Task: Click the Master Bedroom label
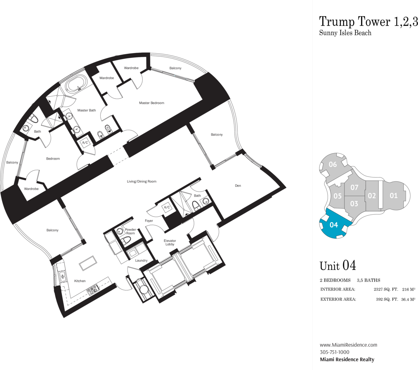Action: click(151, 103)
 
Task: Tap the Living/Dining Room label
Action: click(142, 181)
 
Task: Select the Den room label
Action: click(238, 185)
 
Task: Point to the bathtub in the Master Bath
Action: click(76, 83)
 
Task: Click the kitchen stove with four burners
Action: click(93, 289)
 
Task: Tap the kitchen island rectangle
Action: click(88, 263)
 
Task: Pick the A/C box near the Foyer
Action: click(167, 207)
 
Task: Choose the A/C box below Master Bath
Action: click(85, 143)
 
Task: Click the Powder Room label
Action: click(130, 231)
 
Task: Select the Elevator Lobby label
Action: click(170, 242)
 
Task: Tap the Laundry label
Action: click(141, 260)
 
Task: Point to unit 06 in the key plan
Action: click(333, 164)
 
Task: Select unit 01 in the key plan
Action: click(393, 196)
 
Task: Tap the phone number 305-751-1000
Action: click(335, 352)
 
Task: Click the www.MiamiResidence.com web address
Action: click(348, 345)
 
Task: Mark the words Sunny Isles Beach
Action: click(345, 33)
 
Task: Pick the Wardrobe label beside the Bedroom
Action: click(31, 189)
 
